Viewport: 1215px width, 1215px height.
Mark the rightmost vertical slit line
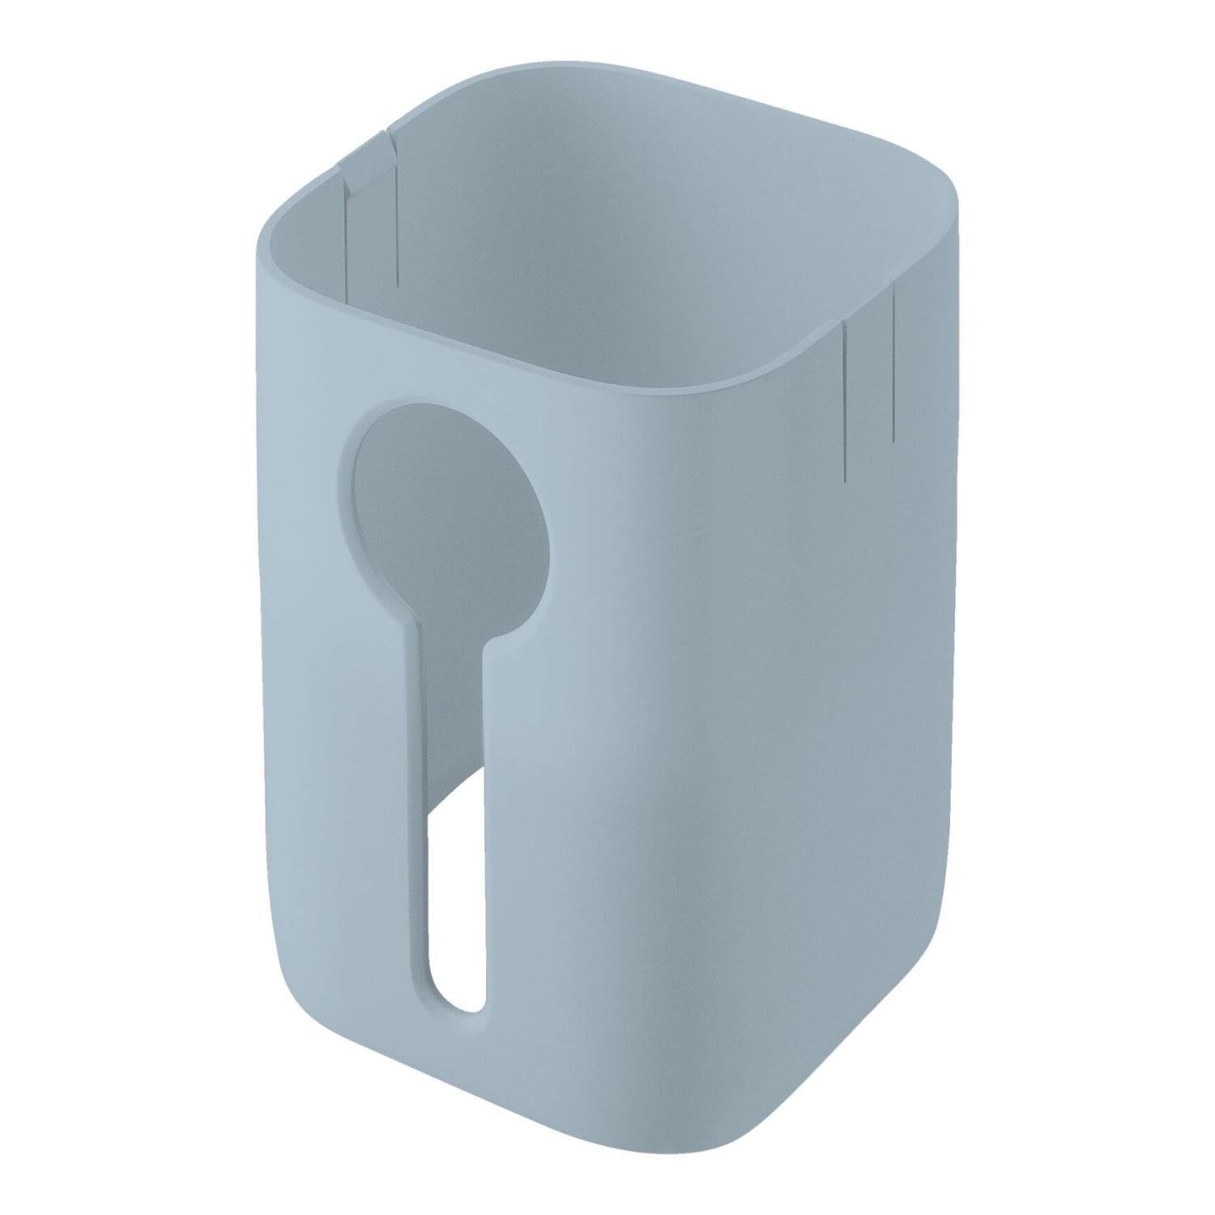coord(893,364)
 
